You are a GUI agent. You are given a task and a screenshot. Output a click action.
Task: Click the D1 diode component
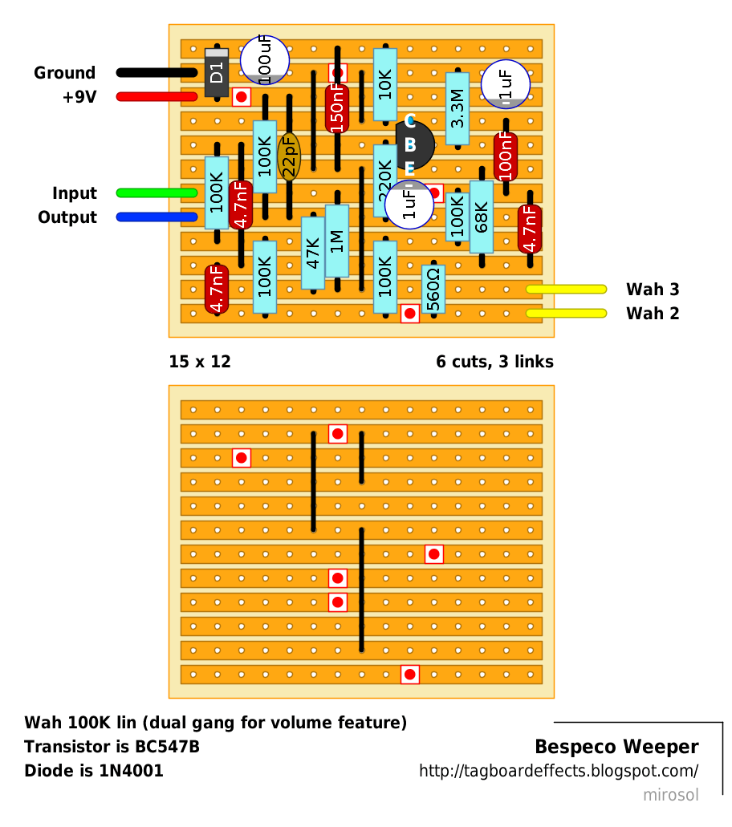(x=217, y=73)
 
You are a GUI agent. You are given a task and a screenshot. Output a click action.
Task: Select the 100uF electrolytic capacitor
(x=265, y=60)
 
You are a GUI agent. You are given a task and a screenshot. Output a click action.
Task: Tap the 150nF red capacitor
(x=337, y=108)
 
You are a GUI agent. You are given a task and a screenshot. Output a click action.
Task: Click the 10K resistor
(x=385, y=84)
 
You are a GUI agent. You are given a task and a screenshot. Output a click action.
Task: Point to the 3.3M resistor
(x=458, y=108)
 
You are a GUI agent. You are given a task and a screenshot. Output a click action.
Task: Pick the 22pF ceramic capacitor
(x=289, y=156)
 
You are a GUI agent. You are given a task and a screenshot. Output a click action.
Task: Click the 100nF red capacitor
(x=506, y=156)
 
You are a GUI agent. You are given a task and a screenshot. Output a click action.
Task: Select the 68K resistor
(x=482, y=217)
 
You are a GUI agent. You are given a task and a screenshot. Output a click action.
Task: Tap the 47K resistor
(x=313, y=253)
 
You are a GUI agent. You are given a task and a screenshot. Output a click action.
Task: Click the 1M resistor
(x=337, y=241)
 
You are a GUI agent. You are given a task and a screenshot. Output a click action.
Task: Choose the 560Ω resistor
(x=433, y=289)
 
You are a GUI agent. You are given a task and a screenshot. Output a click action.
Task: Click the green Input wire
(x=157, y=193)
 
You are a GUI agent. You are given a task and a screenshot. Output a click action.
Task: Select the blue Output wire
(x=157, y=217)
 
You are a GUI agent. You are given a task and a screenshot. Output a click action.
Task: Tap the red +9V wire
(x=157, y=96)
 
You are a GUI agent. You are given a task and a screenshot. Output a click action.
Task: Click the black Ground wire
(x=157, y=73)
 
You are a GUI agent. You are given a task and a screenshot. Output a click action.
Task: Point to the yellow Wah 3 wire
(x=567, y=289)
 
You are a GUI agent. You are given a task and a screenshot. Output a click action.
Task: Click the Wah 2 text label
(x=653, y=314)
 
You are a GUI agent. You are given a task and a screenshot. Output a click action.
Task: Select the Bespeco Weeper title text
(x=616, y=747)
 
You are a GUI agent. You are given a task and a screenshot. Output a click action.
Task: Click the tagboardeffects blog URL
(x=559, y=771)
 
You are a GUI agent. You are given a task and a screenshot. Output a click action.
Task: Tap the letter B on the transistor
(x=410, y=144)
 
